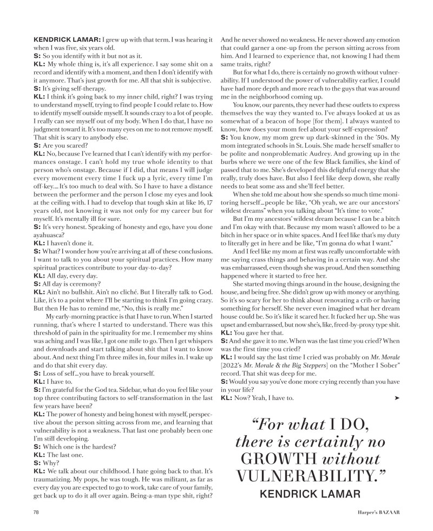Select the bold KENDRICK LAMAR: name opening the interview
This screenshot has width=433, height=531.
(67, 41)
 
